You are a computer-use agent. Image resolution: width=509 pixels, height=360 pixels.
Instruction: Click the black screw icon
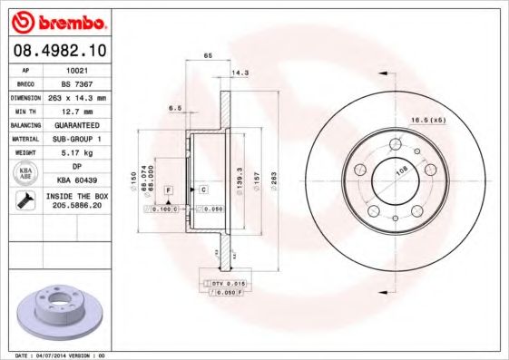23,202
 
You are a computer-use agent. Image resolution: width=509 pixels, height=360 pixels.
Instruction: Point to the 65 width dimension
208,56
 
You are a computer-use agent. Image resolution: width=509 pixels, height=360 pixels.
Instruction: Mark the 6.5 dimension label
175,108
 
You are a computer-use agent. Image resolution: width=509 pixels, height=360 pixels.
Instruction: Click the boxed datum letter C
204,189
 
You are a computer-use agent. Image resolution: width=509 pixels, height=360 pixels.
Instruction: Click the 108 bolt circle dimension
401,168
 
